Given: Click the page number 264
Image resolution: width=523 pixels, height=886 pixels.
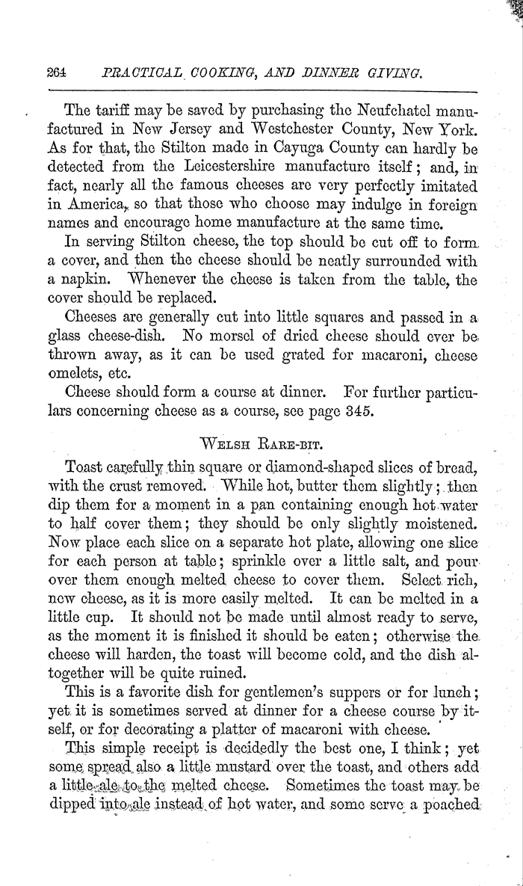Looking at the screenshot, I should pyautogui.click(x=57, y=73).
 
